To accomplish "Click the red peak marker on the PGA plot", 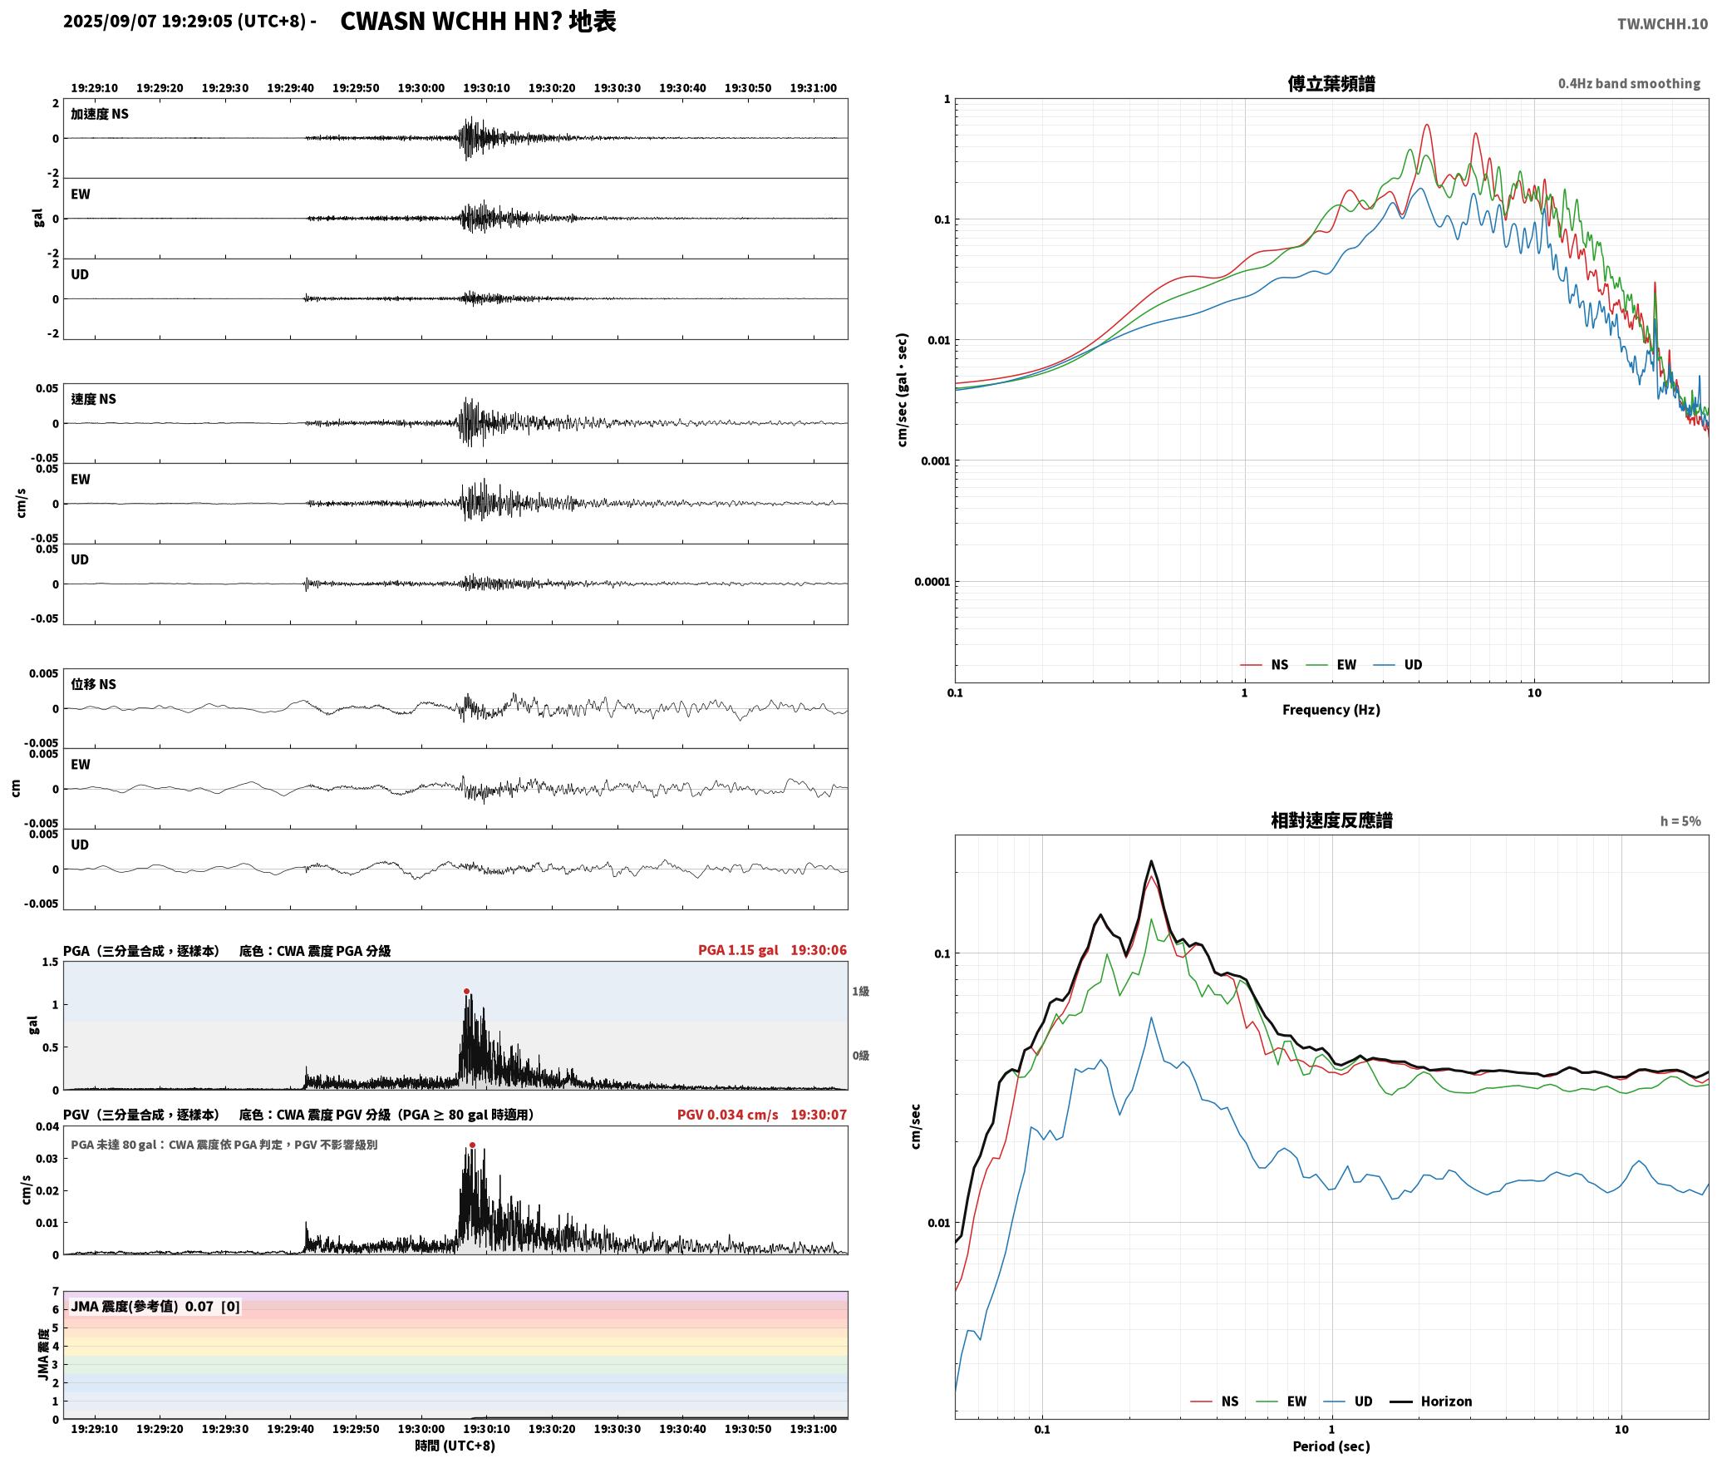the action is point(466,991).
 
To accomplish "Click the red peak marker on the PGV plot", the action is point(472,1145).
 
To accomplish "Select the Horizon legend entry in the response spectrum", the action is point(1431,1401).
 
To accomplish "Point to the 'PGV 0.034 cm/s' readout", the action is point(728,1115).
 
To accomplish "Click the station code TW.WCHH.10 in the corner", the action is point(1662,23).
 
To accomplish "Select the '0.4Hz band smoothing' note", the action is point(1629,83).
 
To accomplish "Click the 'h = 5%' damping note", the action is point(1680,821).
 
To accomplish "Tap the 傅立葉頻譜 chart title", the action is point(1331,83).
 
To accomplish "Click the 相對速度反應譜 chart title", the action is point(1331,820).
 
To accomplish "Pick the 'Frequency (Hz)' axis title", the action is point(1331,710).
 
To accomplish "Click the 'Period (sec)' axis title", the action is point(1331,1446).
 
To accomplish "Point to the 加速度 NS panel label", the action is point(100,114).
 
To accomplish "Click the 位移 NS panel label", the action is point(94,684).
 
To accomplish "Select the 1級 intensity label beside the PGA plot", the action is point(860,991).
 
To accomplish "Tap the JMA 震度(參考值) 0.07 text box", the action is point(155,1306).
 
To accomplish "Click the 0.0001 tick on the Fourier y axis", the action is point(932,582).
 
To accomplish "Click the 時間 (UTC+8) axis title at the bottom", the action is point(455,1446).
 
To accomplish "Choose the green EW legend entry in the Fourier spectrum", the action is point(1331,665).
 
